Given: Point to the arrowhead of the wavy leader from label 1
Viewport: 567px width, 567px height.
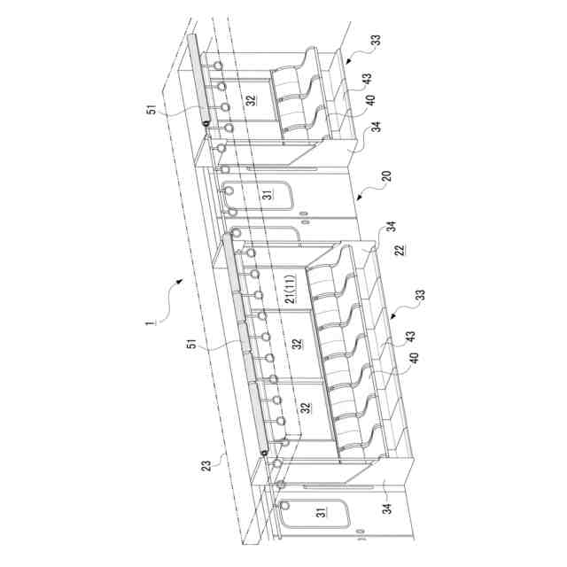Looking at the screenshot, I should point(180,281).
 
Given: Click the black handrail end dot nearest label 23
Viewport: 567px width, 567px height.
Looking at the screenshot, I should point(265,454).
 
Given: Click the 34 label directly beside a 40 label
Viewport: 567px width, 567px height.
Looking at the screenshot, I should point(377,127).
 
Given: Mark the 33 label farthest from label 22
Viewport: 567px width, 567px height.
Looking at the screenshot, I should point(377,41).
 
